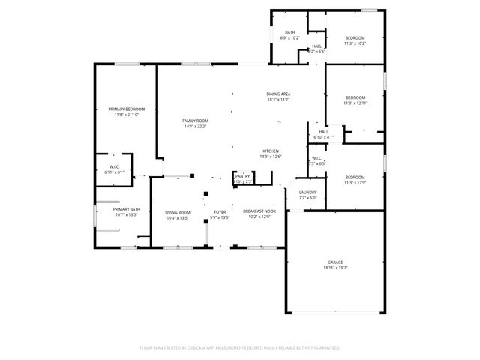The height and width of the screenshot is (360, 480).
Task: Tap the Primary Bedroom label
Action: click(126, 109)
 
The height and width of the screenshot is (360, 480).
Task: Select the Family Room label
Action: click(195, 121)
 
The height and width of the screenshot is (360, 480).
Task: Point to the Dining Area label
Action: click(278, 94)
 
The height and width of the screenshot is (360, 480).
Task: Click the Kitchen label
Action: click(271, 151)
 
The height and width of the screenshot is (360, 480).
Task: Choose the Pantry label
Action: click(243, 175)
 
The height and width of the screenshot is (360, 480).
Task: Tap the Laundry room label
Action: click(308, 193)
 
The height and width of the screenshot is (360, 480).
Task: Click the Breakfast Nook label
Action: click(259, 212)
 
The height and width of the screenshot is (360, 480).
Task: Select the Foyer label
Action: click(220, 213)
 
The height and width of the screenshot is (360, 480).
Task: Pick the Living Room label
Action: click(178, 213)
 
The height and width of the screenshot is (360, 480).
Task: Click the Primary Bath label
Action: click(127, 209)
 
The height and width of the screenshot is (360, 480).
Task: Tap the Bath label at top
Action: click(289, 32)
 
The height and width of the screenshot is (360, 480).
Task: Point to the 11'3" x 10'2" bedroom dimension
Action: click(355, 43)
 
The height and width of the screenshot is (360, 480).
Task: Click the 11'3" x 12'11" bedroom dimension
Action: click(355, 103)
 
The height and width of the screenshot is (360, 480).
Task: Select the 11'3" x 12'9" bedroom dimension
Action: click(355, 182)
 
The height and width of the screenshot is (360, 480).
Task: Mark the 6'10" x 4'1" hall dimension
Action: click(323, 137)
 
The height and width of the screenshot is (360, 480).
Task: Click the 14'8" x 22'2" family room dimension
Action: click(195, 126)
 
